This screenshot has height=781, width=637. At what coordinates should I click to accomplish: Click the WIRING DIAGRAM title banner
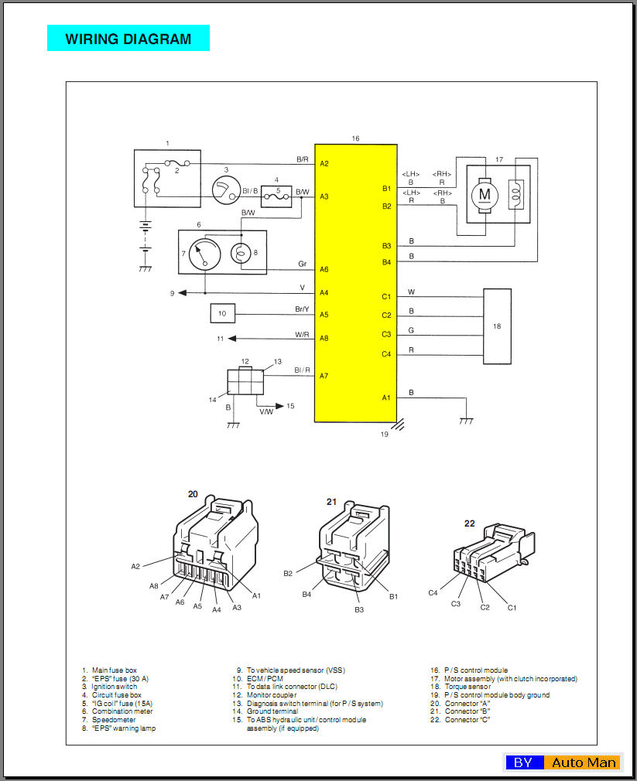(128, 38)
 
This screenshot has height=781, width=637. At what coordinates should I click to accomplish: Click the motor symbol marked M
(485, 194)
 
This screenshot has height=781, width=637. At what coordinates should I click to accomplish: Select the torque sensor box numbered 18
(497, 326)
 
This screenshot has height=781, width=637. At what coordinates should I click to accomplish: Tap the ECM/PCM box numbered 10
(222, 313)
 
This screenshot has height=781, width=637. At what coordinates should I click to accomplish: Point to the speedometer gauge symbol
(205, 254)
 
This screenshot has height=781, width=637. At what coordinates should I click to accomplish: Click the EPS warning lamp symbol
(241, 254)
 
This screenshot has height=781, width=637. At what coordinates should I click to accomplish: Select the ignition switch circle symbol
(226, 190)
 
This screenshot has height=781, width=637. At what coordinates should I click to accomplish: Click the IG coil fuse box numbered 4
(276, 196)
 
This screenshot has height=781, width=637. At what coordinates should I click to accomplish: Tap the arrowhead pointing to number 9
(183, 293)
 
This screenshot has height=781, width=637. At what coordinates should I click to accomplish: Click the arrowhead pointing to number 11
(231, 339)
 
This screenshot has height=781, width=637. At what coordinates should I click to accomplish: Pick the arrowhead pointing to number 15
(279, 406)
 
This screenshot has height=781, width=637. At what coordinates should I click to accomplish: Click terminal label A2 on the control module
(324, 163)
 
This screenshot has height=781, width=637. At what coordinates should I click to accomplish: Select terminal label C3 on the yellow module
(386, 334)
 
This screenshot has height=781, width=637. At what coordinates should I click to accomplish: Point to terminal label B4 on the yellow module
(386, 262)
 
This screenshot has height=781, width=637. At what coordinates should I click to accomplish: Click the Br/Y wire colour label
(302, 309)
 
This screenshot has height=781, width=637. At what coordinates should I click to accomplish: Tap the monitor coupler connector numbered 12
(245, 381)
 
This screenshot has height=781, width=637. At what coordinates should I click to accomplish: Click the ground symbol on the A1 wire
(466, 421)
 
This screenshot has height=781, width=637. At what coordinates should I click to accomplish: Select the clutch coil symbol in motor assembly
(516, 194)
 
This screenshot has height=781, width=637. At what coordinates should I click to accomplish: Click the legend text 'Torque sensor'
(467, 687)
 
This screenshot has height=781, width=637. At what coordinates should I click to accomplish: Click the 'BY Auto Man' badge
(563, 762)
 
